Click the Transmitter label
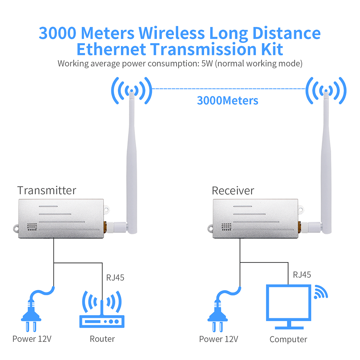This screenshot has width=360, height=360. point(46,190)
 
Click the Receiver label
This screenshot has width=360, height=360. point(233,190)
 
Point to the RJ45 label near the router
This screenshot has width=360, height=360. point(115,278)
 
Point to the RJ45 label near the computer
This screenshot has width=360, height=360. point(302,275)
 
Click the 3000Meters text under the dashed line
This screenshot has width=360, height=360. point(228,100)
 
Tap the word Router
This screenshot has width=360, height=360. point(102,339)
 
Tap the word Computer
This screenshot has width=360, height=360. point(288,339)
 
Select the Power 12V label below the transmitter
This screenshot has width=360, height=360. point(32,339)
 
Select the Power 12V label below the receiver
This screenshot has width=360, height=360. point(219,339)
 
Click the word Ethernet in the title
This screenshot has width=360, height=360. point(111,49)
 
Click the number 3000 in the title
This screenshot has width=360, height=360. point(57,33)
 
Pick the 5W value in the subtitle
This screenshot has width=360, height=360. point(207,64)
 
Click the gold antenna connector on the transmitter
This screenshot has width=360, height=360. point(105,227)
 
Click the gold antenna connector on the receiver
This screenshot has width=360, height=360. point(300,227)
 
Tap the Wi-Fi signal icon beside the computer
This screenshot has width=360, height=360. point(321,292)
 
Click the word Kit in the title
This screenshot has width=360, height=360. point(272,49)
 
